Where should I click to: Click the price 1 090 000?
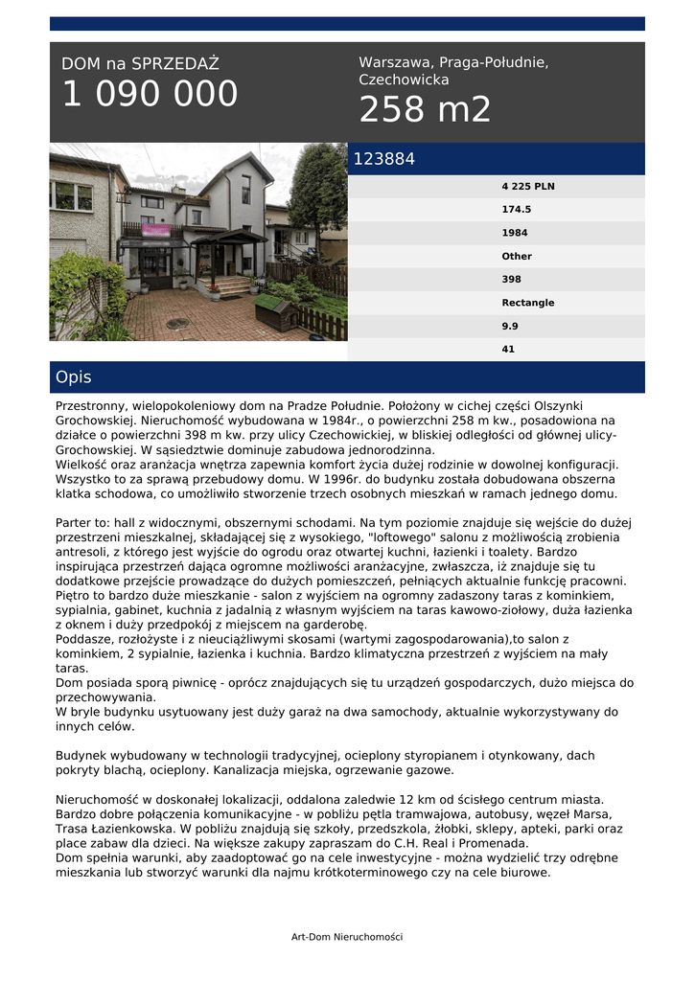(x=150, y=95)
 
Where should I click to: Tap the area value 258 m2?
(x=425, y=110)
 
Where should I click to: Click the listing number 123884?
(x=384, y=160)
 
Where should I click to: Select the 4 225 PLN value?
(x=528, y=187)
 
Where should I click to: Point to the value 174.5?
(x=517, y=210)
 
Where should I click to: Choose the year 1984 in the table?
(x=515, y=233)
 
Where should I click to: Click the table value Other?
(x=517, y=257)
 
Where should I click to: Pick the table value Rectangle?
(x=528, y=303)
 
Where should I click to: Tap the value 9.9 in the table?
(x=510, y=326)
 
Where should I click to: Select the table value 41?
(x=508, y=350)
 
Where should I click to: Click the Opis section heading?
(x=74, y=377)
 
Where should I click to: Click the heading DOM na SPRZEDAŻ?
(x=140, y=64)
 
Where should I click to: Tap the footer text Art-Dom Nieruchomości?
(x=347, y=937)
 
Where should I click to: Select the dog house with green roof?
(x=276, y=310)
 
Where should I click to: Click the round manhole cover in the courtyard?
(x=177, y=324)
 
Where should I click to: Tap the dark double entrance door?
(x=153, y=262)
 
